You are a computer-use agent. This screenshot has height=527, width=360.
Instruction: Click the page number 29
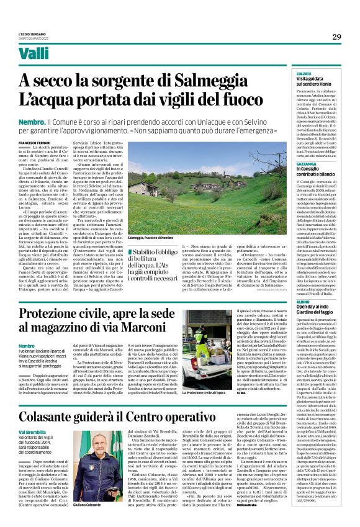coord(336,37)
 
